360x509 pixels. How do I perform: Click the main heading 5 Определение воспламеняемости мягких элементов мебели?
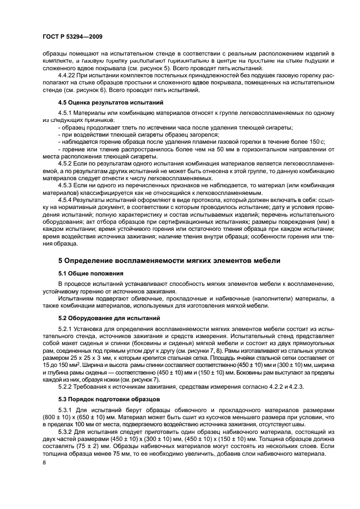[169, 261]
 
